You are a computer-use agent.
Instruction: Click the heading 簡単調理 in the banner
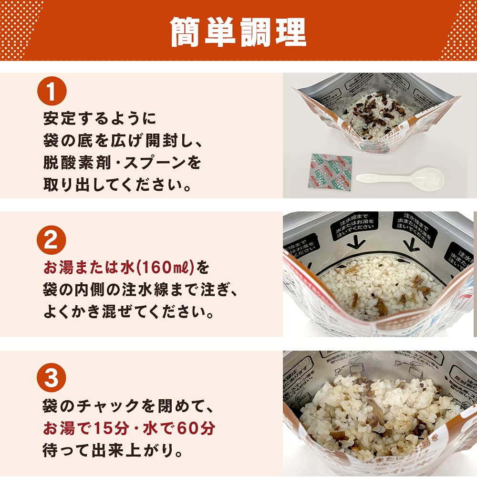tap(238, 32)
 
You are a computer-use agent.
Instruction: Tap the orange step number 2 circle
tap(51, 241)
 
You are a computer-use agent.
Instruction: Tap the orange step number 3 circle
tap(51, 378)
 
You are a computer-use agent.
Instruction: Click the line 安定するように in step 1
tap(99, 118)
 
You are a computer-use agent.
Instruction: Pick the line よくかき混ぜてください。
tap(128, 312)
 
